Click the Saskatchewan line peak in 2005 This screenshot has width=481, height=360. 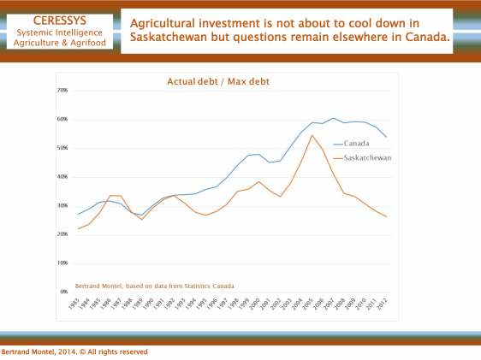312,135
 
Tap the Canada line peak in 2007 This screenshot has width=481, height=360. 334,118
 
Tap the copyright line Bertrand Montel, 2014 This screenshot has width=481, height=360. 74,351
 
